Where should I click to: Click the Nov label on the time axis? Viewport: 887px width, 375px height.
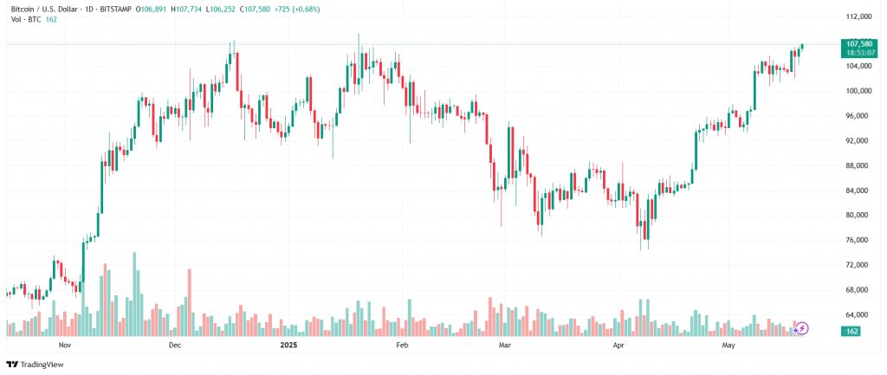(x=64, y=345)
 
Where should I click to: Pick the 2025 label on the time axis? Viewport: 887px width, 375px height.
(x=288, y=345)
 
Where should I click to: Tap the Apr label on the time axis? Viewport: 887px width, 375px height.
(x=618, y=345)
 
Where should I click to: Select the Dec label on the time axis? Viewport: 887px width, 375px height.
(x=174, y=345)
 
